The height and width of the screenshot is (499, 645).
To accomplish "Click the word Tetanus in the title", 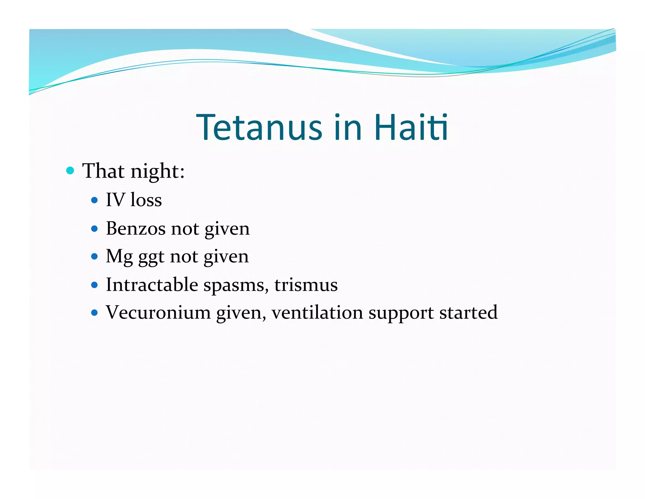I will click(259, 127).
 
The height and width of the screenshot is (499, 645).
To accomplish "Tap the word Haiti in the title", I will click(411, 127).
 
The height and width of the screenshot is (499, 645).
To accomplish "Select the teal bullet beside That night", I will click(70, 171).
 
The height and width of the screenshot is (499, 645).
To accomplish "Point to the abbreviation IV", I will click(115, 200).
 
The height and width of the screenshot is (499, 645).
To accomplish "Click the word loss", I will click(146, 200).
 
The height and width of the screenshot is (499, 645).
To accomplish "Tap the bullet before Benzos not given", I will click(94, 228).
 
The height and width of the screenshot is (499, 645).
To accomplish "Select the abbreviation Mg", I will click(119, 257).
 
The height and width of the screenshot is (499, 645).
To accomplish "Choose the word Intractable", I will click(152, 285).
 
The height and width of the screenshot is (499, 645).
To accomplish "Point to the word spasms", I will click(236, 285).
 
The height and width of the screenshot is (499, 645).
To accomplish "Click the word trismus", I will click(306, 285).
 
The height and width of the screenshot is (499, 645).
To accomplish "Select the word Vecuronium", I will click(158, 313).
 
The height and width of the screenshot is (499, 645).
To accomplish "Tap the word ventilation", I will click(317, 313).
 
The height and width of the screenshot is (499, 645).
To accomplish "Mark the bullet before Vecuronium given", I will click(94, 313).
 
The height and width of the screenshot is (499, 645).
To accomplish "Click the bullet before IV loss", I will click(94, 200).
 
